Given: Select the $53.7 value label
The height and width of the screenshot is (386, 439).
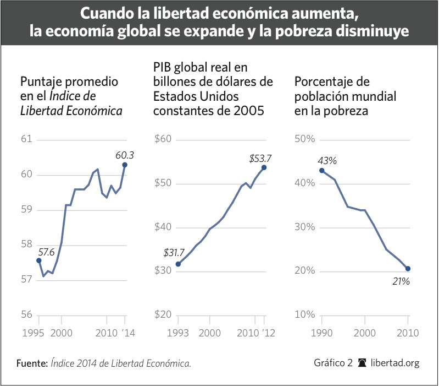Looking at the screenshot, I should (x=260, y=159).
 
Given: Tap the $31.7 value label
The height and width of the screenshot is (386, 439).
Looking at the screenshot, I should (x=175, y=253).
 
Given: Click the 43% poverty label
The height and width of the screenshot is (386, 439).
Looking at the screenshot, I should (x=326, y=161).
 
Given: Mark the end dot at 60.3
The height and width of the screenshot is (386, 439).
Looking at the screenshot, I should (x=125, y=165).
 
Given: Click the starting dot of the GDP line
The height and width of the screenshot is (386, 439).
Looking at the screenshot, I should (x=178, y=264).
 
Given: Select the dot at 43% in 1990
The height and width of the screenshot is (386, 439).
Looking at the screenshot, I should (x=321, y=170).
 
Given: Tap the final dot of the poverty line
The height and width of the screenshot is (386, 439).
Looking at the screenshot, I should (x=408, y=269).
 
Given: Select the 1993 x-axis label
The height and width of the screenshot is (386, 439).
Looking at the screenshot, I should (x=178, y=333).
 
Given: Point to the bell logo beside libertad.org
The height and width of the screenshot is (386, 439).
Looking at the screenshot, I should (x=362, y=363).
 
